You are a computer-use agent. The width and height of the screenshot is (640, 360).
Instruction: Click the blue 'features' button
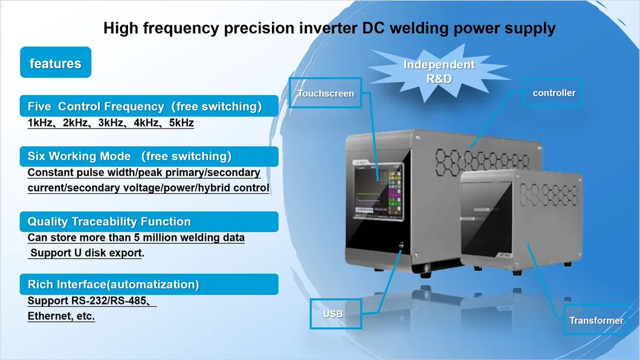pyautogui.click(x=55, y=63)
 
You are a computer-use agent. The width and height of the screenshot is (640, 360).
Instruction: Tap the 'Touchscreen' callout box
pyautogui.click(x=326, y=93)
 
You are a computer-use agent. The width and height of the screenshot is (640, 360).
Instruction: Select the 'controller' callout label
pyautogui.click(x=554, y=93)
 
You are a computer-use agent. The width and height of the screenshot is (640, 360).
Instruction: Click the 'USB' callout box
pyautogui.click(x=332, y=313)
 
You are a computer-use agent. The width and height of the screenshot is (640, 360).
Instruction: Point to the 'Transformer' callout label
pyautogui.click(x=595, y=320)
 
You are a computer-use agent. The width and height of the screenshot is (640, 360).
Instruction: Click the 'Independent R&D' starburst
pyautogui.click(x=439, y=72)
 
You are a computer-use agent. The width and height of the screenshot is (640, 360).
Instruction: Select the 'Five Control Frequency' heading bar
pyautogui.click(x=149, y=106)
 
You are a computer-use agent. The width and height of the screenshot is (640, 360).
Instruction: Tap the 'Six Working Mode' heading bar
pyautogui.click(x=149, y=156)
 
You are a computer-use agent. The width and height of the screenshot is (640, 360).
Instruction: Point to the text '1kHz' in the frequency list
pyautogui.click(x=40, y=123)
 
